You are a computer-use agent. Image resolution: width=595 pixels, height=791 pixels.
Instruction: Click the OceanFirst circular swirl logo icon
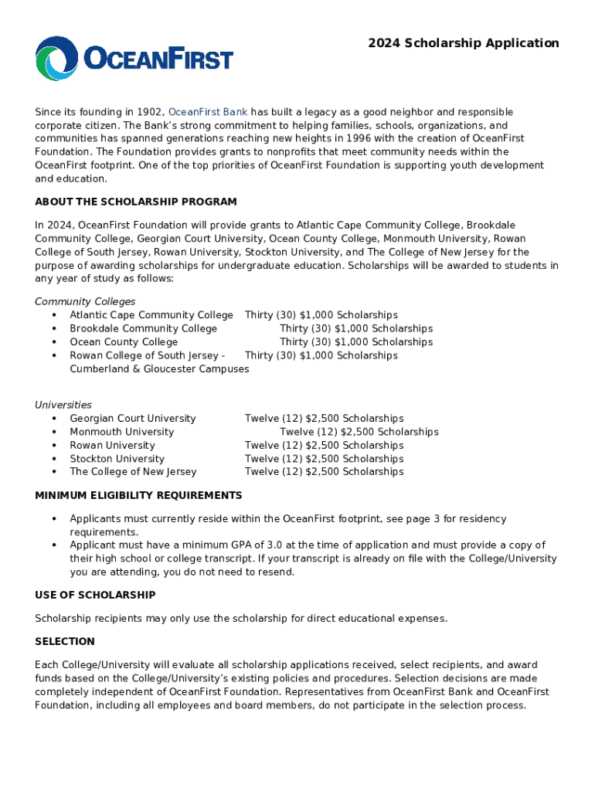[56, 59]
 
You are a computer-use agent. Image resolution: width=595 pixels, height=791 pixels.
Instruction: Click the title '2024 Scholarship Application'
[463, 43]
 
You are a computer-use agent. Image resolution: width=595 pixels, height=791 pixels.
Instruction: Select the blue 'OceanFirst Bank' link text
[207, 112]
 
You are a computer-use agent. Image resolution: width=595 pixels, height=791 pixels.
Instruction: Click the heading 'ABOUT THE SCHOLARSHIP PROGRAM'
[136, 202]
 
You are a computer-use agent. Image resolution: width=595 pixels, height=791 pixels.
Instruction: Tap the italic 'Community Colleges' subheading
[85, 301]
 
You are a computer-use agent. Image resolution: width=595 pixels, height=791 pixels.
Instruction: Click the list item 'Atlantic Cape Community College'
[151, 315]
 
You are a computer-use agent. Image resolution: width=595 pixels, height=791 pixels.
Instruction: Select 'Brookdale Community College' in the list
[143, 328]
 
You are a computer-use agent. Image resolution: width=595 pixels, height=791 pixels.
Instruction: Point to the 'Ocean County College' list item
[124, 342]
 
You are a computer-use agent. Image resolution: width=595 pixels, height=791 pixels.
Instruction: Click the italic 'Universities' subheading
[63, 405]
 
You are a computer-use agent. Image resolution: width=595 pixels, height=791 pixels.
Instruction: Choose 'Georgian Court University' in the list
[133, 419]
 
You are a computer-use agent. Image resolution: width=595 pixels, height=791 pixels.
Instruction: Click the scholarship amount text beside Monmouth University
[359, 432]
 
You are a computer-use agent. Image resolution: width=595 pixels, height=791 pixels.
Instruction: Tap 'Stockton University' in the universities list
[117, 459]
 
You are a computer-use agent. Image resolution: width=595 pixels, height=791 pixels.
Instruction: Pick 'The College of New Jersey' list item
[133, 472]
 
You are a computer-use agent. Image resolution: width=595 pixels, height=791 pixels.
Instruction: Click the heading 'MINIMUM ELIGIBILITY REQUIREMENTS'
[138, 495]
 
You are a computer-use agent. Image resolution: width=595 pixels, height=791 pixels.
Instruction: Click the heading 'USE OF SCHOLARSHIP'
[95, 595]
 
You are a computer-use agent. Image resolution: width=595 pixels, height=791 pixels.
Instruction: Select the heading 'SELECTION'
[65, 641]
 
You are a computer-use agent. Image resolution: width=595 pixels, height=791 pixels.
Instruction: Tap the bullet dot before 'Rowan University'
[54, 446]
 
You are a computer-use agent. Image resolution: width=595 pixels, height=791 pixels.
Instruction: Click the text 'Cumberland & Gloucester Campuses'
[159, 369]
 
